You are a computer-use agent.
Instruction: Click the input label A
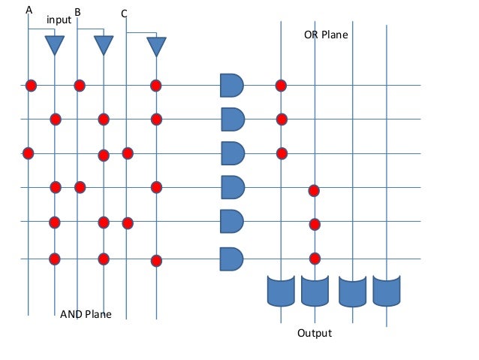pyautogui.click(x=29, y=10)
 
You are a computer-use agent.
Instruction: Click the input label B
pyautogui.click(x=77, y=12)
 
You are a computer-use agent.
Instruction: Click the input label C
pyautogui.click(x=124, y=14)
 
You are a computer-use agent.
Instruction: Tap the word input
pyautogui.click(x=59, y=20)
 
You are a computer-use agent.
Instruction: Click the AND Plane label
pyautogui.click(x=86, y=314)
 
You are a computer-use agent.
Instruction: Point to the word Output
pyautogui.click(x=315, y=333)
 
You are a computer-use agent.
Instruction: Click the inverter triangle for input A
pyautogui.click(x=55, y=45)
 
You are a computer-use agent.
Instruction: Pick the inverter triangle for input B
pyautogui.click(x=104, y=45)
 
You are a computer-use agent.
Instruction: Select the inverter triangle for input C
pyautogui.click(x=155, y=47)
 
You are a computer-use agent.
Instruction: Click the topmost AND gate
pyautogui.click(x=232, y=85)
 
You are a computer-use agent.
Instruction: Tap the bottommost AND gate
pyautogui.click(x=231, y=259)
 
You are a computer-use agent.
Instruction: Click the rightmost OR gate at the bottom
pyautogui.click(x=387, y=291)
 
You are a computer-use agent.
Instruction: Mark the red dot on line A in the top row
pyautogui.click(x=31, y=85)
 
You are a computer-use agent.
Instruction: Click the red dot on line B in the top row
pyautogui.click(x=79, y=85)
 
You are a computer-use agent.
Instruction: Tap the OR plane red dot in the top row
pyautogui.click(x=282, y=85)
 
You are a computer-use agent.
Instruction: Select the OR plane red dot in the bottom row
pyautogui.click(x=315, y=259)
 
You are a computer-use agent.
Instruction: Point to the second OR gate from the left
pyautogui.click(x=315, y=291)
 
